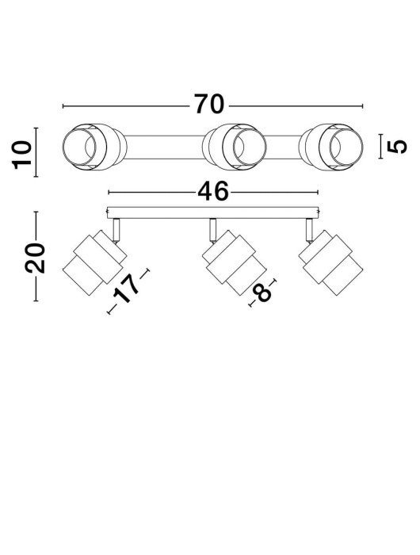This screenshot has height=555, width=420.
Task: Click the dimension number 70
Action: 210,105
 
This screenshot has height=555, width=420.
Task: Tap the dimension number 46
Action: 212,191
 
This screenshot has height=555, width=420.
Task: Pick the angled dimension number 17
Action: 131,291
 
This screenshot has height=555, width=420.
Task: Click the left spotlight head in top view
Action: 91,147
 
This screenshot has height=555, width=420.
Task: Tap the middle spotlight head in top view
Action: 231,147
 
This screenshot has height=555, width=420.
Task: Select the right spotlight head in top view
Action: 337,147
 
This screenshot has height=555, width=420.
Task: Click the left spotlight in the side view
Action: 94,262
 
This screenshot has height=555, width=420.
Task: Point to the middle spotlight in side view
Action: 229,262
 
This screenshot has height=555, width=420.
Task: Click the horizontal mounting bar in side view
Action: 212,212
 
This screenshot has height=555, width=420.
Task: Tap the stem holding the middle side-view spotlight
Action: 212,228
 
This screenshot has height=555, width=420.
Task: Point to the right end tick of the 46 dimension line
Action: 315,192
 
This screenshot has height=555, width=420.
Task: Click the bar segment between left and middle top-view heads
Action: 162,147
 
